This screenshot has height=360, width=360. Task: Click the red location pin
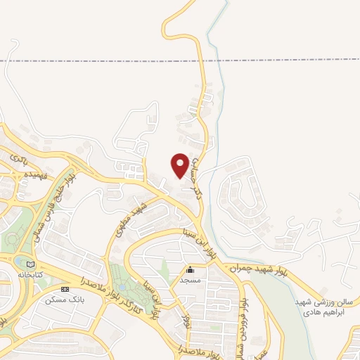coord(180,165)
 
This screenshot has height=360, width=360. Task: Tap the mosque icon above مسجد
coord(190,269)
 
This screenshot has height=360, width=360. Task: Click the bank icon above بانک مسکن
coord(65,290)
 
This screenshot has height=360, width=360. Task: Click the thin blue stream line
coord(219,105)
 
